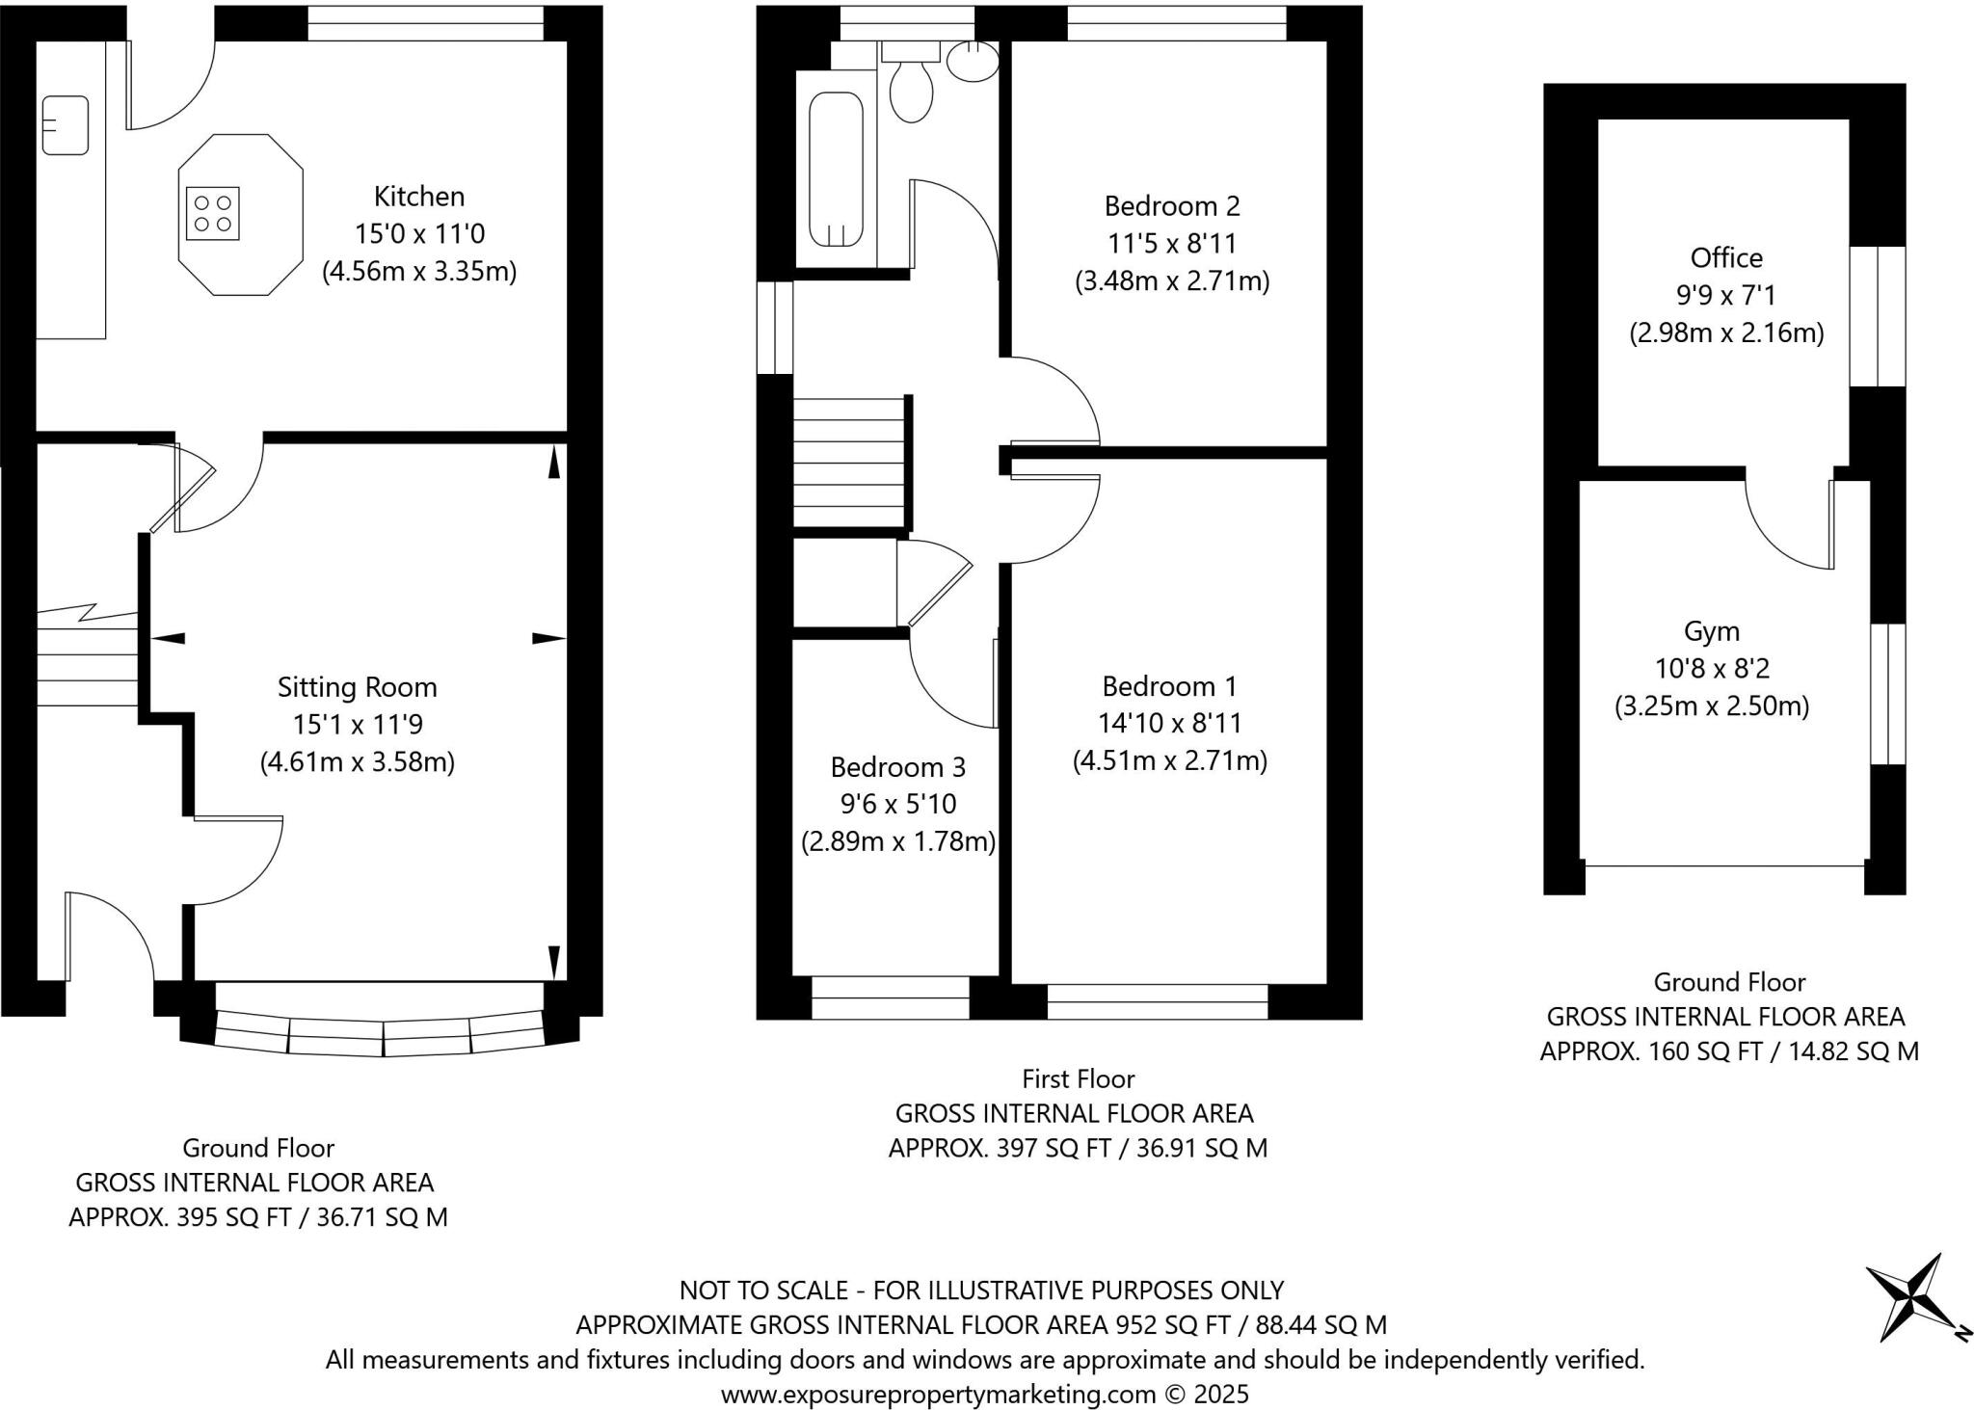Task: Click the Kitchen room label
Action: point(418,197)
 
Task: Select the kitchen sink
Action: point(65,125)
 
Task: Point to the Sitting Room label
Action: point(357,687)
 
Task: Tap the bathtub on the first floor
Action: point(836,171)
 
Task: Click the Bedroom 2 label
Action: point(1171,206)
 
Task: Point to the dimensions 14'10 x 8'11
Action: point(1169,723)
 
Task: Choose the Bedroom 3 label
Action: point(897,767)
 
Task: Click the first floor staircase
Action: point(848,463)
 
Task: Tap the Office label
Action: point(1725,258)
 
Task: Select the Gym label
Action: point(1711,631)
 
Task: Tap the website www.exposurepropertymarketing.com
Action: point(937,1394)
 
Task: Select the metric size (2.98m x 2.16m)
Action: point(1725,333)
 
